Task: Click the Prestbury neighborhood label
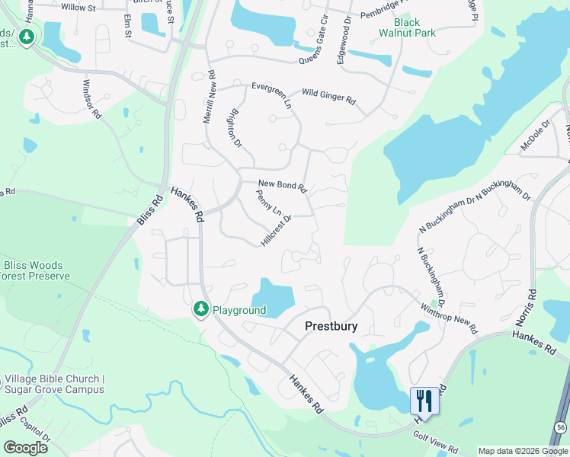(x=331, y=326)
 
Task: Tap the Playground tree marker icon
(x=201, y=309)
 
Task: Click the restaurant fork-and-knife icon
(x=424, y=401)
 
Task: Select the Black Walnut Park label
(x=409, y=28)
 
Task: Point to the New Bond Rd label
(x=282, y=184)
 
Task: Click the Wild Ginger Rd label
(x=328, y=96)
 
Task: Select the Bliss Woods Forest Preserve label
(x=36, y=270)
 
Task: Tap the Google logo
(x=26, y=448)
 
